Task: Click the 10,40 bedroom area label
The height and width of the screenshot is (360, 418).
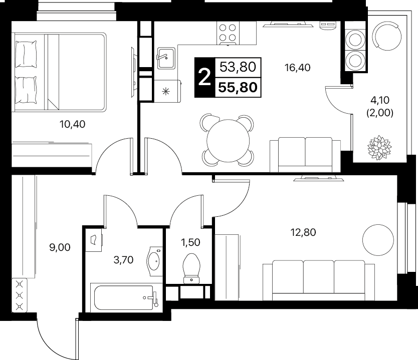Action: pyautogui.click(x=73, y=124)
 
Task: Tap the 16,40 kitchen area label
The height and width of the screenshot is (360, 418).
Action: pyautogui.click(x=298, y=68)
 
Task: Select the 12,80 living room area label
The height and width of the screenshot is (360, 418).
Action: pyautogui.click(x=303, y=232)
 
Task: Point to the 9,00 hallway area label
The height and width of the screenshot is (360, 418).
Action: pyautogui.click(x=60, y=247)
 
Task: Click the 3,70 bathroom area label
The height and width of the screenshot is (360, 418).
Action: pyautogui.click(x=123, y=260)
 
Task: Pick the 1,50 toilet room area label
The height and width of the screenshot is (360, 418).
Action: pyautogui.click(x=190, y=242)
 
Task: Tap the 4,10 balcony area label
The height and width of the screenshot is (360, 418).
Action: pyautogui.click(x=380, y=100)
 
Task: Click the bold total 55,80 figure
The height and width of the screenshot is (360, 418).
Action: pyautogui.click(x=238, y=87)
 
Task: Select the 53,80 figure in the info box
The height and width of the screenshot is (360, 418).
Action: pyautogui.click(x=238, y=67)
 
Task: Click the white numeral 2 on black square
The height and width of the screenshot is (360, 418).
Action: pyautogui.click(x=204, y=77)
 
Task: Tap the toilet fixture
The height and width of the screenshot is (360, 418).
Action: pyautogui.click(x=191, y=268)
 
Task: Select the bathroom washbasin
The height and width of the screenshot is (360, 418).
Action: pyautogui.click(x=154, y=261)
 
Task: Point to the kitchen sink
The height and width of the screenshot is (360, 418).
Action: pyautogui.click(x=166, y=58)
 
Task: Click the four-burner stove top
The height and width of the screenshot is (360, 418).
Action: pyautogui.click(x=228, y=33)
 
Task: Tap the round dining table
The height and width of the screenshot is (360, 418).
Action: pyautogui.click(x=228, y=141)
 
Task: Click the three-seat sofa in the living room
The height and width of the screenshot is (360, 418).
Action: pyautogui.click(x=319, y=280)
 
